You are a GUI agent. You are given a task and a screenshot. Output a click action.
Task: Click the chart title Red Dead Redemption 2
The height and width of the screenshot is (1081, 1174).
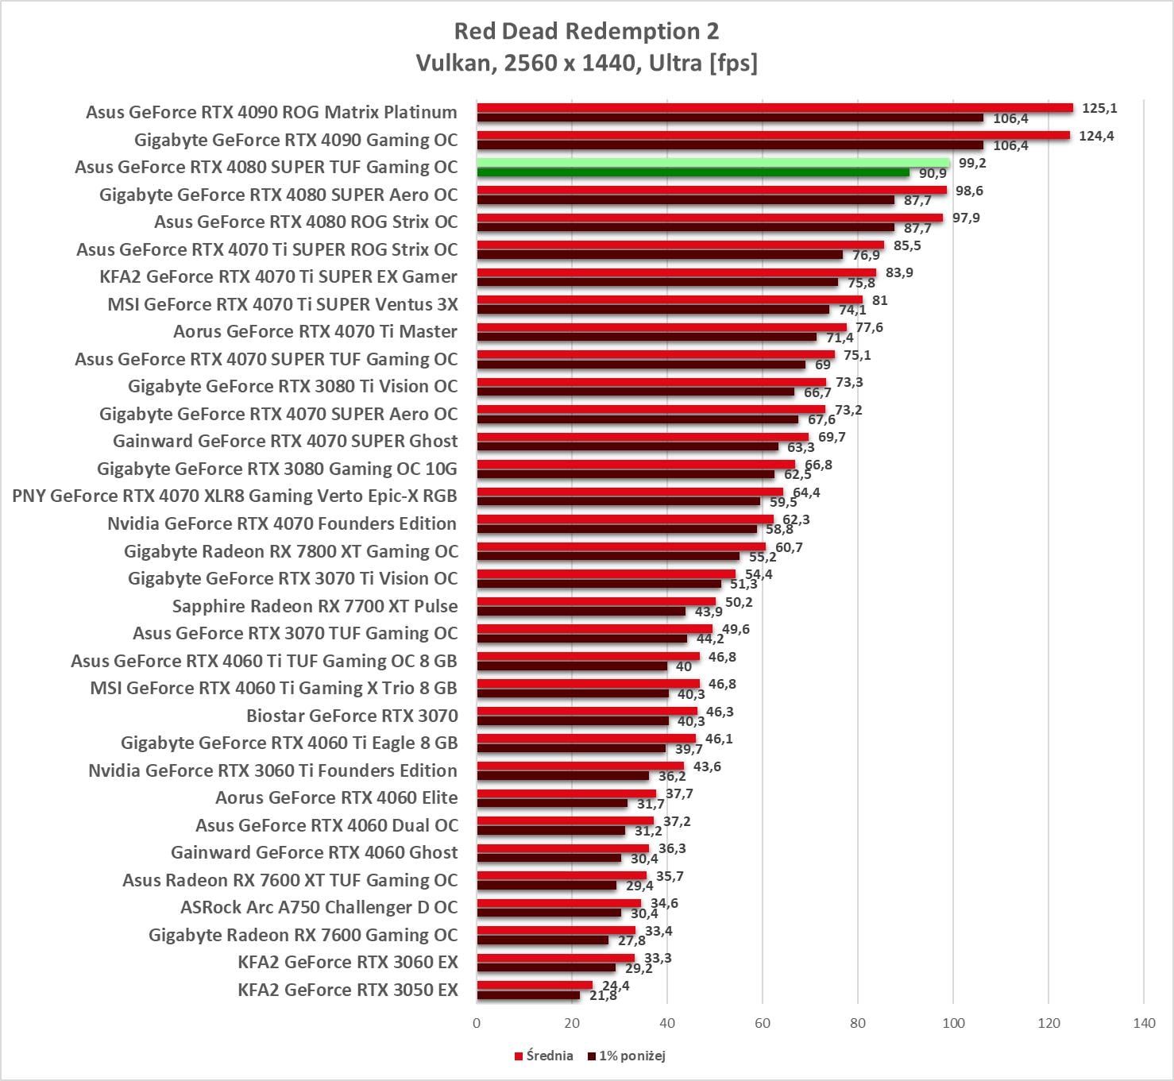pyautogui.click(x=586, y=31)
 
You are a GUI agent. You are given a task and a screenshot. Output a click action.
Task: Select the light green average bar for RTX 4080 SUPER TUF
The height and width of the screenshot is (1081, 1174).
pyautogui.click(x=713, y=163)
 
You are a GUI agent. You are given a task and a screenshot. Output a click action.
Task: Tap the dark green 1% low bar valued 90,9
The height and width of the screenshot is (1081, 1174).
pyautogui.click(x=693, y=172)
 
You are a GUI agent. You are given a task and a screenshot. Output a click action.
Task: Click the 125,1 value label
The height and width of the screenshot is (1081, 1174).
pyautogui.click(x=1099, y=108)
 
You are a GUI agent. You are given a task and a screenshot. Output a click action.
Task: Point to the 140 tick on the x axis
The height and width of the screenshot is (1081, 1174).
pyautogui.click(x=1144, y=1022)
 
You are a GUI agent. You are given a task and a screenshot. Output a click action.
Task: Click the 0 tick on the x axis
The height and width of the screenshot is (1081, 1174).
pyautogui.click(x=477, y=1022)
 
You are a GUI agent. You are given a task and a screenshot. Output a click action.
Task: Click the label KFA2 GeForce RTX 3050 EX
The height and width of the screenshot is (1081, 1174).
pyautogui.click(x=348, y=990)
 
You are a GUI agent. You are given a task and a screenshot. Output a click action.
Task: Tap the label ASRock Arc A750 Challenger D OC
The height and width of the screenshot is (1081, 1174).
pyautogui.click(x=319, y=907)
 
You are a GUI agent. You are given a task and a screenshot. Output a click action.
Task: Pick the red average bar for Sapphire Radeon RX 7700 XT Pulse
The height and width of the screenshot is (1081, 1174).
pyautogui.click(x=596, y=601)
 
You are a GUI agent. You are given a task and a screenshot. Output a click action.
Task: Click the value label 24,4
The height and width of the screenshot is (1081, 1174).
pyautogui.click(x=616, y=986)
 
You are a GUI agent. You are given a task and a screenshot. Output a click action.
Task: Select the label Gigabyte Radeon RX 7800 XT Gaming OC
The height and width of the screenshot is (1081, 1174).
pyautogui.click(x=291, y=551)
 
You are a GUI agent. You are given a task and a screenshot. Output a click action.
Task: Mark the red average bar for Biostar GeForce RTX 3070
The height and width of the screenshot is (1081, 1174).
pyautogui.click(x=587, y=711)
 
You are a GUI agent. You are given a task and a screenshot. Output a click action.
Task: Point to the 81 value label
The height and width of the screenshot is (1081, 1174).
pyautogui.click(x=879, y=300)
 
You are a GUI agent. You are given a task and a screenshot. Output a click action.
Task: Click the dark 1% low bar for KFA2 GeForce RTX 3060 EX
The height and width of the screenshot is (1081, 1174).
pyautogui.click(x=546, y=967)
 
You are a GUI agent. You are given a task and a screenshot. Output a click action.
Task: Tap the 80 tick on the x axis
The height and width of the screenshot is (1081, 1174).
pyautogui.click(x=858, y=1022)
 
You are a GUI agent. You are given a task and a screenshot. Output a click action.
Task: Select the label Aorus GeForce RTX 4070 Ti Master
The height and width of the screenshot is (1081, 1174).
pyautogui.click(x=315, y=331)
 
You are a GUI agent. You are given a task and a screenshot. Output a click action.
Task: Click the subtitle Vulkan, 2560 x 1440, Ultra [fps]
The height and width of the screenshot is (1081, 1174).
pyautogui.click(x=586, y=63)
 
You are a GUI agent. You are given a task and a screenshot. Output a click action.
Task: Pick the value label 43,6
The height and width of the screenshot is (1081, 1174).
pyautogui.click(x=707, y=766)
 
